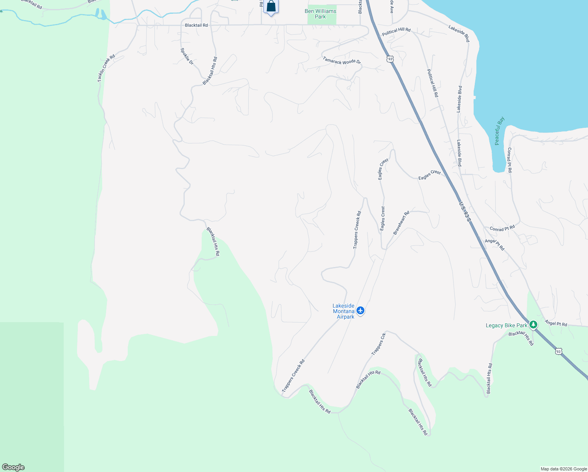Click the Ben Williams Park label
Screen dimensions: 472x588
pos(320,14)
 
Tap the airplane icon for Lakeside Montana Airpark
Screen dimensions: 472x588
pos(360,311)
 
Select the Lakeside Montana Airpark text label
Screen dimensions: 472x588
pos(343,311)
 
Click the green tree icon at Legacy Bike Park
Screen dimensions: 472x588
pos(533,324)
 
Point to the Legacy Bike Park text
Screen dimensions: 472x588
pos(506,325)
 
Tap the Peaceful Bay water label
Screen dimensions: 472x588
pos(499,131)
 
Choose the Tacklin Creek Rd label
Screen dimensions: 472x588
pos(106,68)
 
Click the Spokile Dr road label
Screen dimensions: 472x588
pos(187,56)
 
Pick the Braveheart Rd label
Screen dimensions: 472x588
pos(401,223)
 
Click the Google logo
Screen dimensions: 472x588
pos(13,467)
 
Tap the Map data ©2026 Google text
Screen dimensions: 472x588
pos(564,469)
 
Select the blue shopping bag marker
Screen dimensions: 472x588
pos(271,7)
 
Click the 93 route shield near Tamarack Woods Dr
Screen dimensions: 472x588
pos(390,59)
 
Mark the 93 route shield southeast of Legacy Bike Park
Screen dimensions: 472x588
pos(558,351)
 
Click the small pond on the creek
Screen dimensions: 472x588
pos(101,15)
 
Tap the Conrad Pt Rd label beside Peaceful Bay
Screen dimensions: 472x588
pos(509,160)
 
